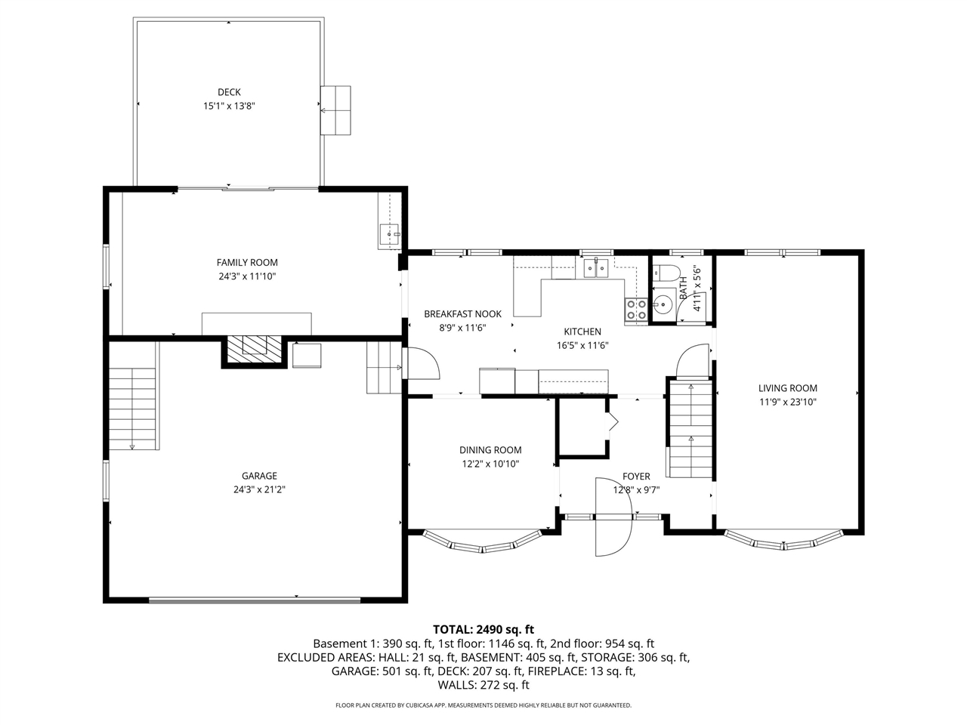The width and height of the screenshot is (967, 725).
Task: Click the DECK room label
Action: tap(229, 92)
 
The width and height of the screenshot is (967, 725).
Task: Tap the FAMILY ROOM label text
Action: tap(247, 262)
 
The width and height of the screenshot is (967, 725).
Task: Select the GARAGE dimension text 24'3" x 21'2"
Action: tap(259, 489)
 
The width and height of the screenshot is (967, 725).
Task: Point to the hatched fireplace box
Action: tap(254, 350)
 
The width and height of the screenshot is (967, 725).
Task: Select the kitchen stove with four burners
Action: tap(635, 309)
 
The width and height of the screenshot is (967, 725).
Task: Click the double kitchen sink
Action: tap(595, 267)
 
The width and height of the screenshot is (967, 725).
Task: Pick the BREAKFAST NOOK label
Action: tap(462, 314)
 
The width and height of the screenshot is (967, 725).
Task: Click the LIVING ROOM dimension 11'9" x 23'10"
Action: tap(788, 402)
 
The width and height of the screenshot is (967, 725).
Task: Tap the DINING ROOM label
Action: tap(490, 450)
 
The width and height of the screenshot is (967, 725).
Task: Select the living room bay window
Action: tap(784, 542)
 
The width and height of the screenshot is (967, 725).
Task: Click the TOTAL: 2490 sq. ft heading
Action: tap(483, 630)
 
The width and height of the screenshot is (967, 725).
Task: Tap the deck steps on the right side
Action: tap(335, 110)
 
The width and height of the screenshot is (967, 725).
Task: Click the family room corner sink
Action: tap(389, 234)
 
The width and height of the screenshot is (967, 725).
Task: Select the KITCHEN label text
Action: tap(582, 332)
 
